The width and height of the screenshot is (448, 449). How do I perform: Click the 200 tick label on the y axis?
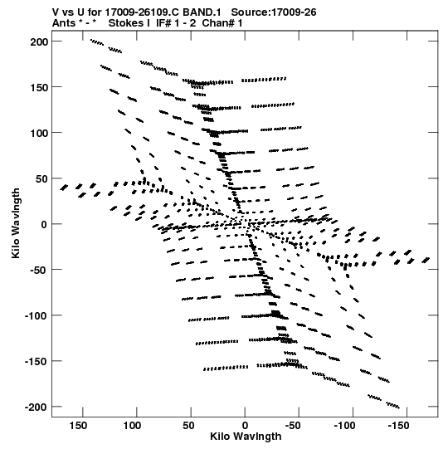click(x=39, y=42)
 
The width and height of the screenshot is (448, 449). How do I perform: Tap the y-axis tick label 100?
click(x=39, y=133)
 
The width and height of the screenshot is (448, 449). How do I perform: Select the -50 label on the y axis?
click(x=38, y=271)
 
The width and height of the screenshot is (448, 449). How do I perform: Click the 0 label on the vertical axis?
click(x=44, y=224)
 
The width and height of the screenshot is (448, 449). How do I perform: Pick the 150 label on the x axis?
click(x=78, y=426)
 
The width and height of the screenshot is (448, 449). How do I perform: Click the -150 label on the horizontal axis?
click(x=400, y=426)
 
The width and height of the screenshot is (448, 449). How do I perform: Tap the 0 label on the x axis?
click(x=245, y=426)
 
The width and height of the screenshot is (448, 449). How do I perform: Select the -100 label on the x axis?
click(x=345, y=426)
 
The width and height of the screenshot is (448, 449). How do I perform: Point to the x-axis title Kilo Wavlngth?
click(x=246, y=437)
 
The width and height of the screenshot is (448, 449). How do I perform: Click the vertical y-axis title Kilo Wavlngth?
click(x=16, y=223)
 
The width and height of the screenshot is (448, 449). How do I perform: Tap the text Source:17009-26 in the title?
click(x=274, y=12)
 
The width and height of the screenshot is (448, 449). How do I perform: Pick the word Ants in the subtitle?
click(x=64, y=23)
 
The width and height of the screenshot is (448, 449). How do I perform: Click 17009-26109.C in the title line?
click(x=142, y=12)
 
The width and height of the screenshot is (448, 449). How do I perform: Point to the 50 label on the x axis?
click(x=188, y=426)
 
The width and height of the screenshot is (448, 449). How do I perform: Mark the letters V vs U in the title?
click(x=67, y=12)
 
